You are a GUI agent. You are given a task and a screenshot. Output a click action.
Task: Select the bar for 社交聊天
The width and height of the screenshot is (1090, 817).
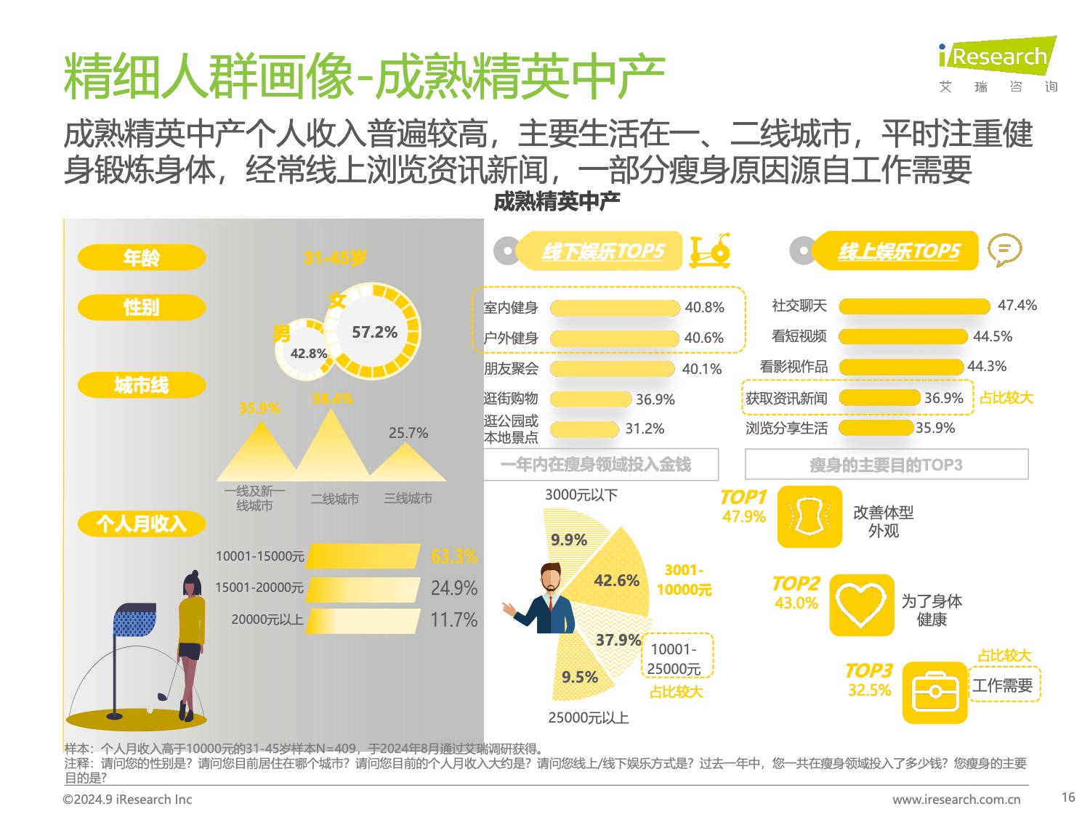[x=914, y=306]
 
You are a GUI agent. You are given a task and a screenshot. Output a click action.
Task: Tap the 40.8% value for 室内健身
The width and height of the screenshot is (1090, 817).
[x=704, y=307]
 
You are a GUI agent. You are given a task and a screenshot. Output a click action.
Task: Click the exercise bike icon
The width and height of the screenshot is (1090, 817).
[x=709, y=251]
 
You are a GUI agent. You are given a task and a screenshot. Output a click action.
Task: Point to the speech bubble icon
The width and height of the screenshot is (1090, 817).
[x=1004, y=250]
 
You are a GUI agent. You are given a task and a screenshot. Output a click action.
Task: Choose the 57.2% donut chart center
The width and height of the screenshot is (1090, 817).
[x=375, y=332]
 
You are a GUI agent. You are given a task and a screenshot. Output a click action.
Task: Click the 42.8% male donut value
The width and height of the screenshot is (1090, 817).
[x=308, y=354]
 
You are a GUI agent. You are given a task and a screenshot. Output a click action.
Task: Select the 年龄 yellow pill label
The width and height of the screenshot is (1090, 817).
[x=142, y=257]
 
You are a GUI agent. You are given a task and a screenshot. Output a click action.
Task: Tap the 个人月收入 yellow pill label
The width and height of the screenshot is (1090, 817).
[x=142, y=524]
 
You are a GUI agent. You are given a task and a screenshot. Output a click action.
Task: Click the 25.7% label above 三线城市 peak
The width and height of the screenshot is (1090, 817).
[x=408, y=433]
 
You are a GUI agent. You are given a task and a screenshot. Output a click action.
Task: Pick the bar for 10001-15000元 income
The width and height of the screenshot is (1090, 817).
[x=363, y=556]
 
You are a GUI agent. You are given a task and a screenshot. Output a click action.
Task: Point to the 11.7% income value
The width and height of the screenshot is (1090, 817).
[x=453, y=620]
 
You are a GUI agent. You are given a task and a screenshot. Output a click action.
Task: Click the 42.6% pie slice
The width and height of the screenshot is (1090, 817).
[x=616, y=580]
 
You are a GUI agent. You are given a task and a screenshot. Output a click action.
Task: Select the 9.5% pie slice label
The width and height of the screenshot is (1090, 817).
[x=580, y=677]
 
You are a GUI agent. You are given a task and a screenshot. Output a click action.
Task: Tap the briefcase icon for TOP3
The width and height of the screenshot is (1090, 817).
[x=934, y=693]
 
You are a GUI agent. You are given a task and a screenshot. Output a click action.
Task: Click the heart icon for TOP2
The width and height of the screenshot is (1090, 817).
[x=861, y=605]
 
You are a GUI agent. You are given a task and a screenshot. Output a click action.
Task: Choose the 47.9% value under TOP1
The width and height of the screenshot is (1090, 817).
[x=743, y=516]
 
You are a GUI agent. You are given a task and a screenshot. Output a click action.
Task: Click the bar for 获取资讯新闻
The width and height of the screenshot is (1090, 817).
[x=880, y=398]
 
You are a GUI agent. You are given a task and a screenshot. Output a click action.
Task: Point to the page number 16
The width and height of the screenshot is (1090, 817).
[x=1067, y=797]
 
